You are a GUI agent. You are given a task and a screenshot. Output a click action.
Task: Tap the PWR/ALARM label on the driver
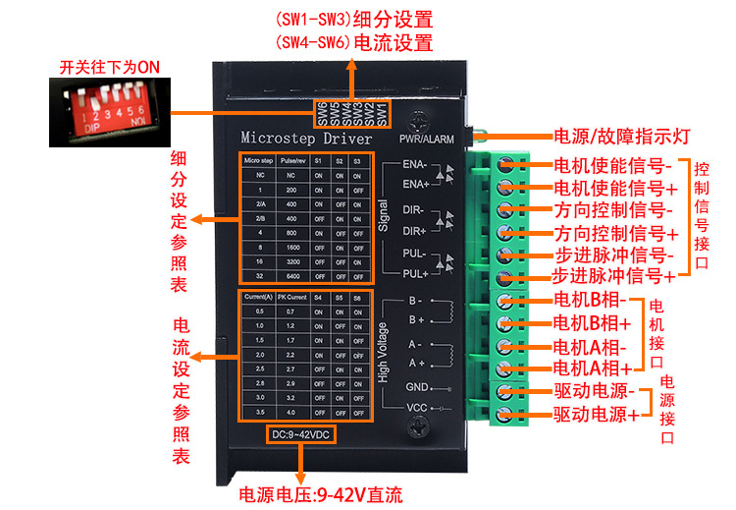point(423,140)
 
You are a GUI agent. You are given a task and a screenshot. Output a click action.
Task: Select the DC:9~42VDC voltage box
point(300,433)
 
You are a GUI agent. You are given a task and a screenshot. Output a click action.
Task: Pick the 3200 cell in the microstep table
point(292,261)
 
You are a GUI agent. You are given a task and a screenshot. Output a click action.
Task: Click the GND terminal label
point(416,386)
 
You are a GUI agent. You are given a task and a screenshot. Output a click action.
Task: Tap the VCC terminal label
point(416,408)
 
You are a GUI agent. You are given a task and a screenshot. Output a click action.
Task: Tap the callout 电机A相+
point(592,368)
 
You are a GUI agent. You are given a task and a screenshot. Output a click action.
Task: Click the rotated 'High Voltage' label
point(383,349)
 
